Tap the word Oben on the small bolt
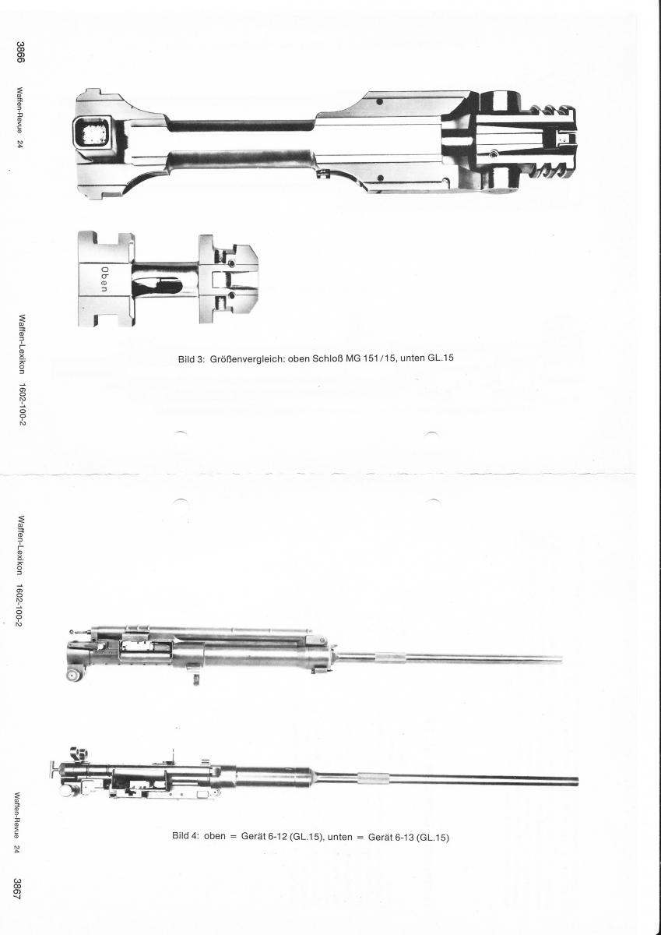104,279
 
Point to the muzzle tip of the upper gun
562,659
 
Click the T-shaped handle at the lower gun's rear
55,768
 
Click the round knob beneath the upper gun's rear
74,675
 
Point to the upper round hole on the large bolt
379,102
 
